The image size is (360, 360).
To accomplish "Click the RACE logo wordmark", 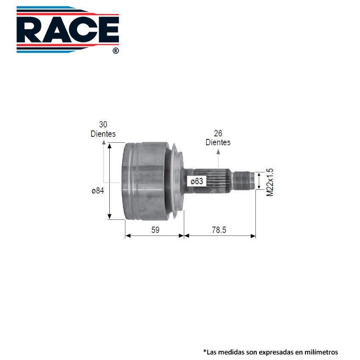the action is click(68, 30).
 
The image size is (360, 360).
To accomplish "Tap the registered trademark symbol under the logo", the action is click(116, 51).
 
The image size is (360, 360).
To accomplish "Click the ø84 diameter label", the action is click(98, 191).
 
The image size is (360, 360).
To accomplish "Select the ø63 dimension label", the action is click(197, 181).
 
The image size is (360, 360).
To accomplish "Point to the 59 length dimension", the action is click(155, 230).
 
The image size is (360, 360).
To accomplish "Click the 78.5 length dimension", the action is click(219, 230).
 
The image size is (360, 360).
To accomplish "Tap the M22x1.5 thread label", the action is click(270, 182).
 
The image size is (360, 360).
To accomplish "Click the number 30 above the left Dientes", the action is click(103, 125).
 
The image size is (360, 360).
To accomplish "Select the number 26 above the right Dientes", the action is click(218, 133).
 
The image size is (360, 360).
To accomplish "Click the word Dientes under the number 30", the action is click(103, 134).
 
